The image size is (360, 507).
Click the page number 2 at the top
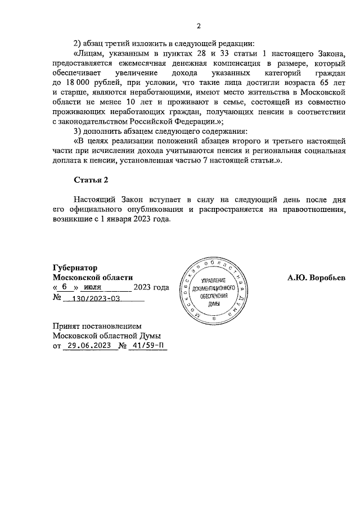tap(199, 26)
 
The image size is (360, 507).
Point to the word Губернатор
tap(75, 268)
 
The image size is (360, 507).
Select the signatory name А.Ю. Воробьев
tap(316, 278)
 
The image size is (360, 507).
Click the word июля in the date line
tap(93, 288)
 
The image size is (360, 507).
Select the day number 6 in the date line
tap(65, 287)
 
